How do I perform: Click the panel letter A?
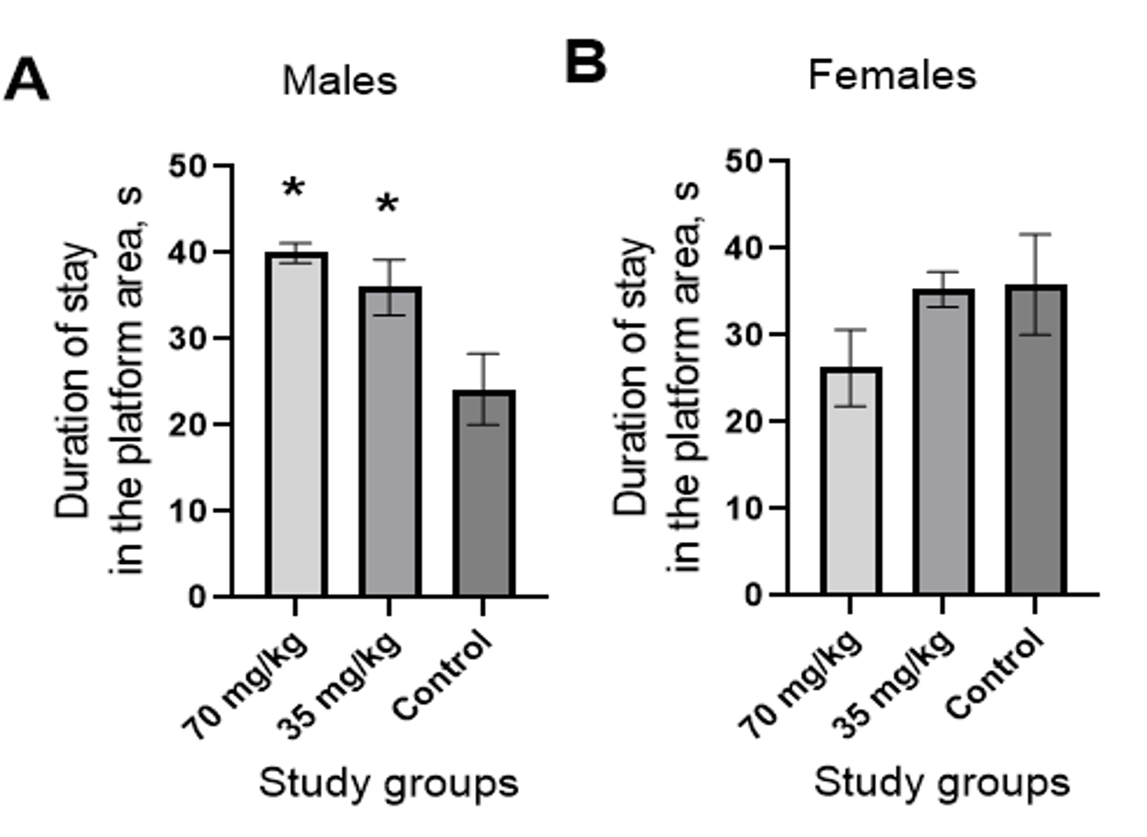click(x=26, y=80)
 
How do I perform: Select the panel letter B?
click(x=586, y=63)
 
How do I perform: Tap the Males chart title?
click(x=339, y=81)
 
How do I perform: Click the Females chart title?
click(x=892, y=75)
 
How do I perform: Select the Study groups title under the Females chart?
click(x=942, y=782)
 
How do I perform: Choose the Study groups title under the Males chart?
click(x=388, y=783)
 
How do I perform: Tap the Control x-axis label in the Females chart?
click(x=994, y=675)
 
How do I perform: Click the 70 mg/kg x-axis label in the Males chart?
click(x=245, y=686)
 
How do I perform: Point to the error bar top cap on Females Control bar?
click(x=1036, y=234)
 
